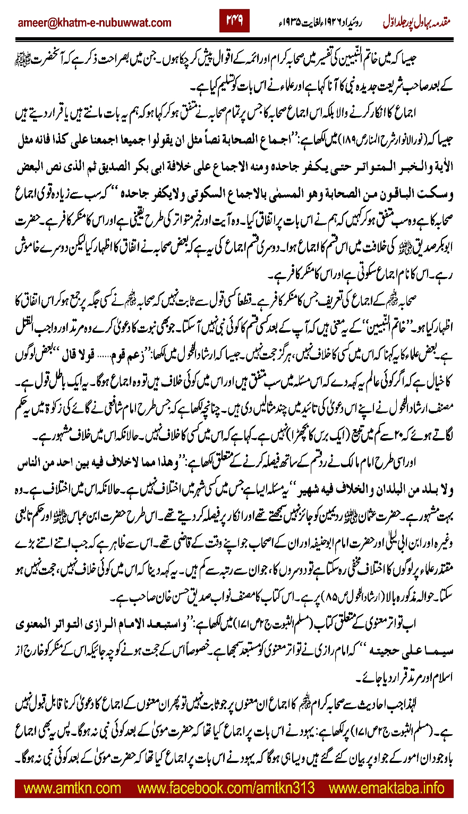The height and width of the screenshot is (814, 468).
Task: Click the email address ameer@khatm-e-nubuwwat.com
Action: click(95, 23)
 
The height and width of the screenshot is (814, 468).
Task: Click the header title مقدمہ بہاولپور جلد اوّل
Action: click(416, 23)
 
